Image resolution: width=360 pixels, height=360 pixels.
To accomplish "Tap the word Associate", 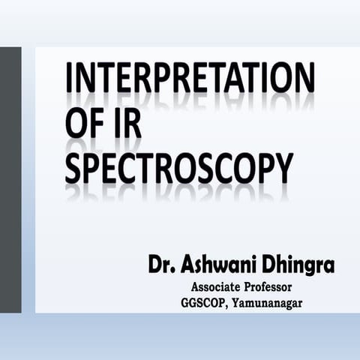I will tap(218, 287).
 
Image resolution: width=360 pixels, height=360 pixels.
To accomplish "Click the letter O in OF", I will tap(76, 125).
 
